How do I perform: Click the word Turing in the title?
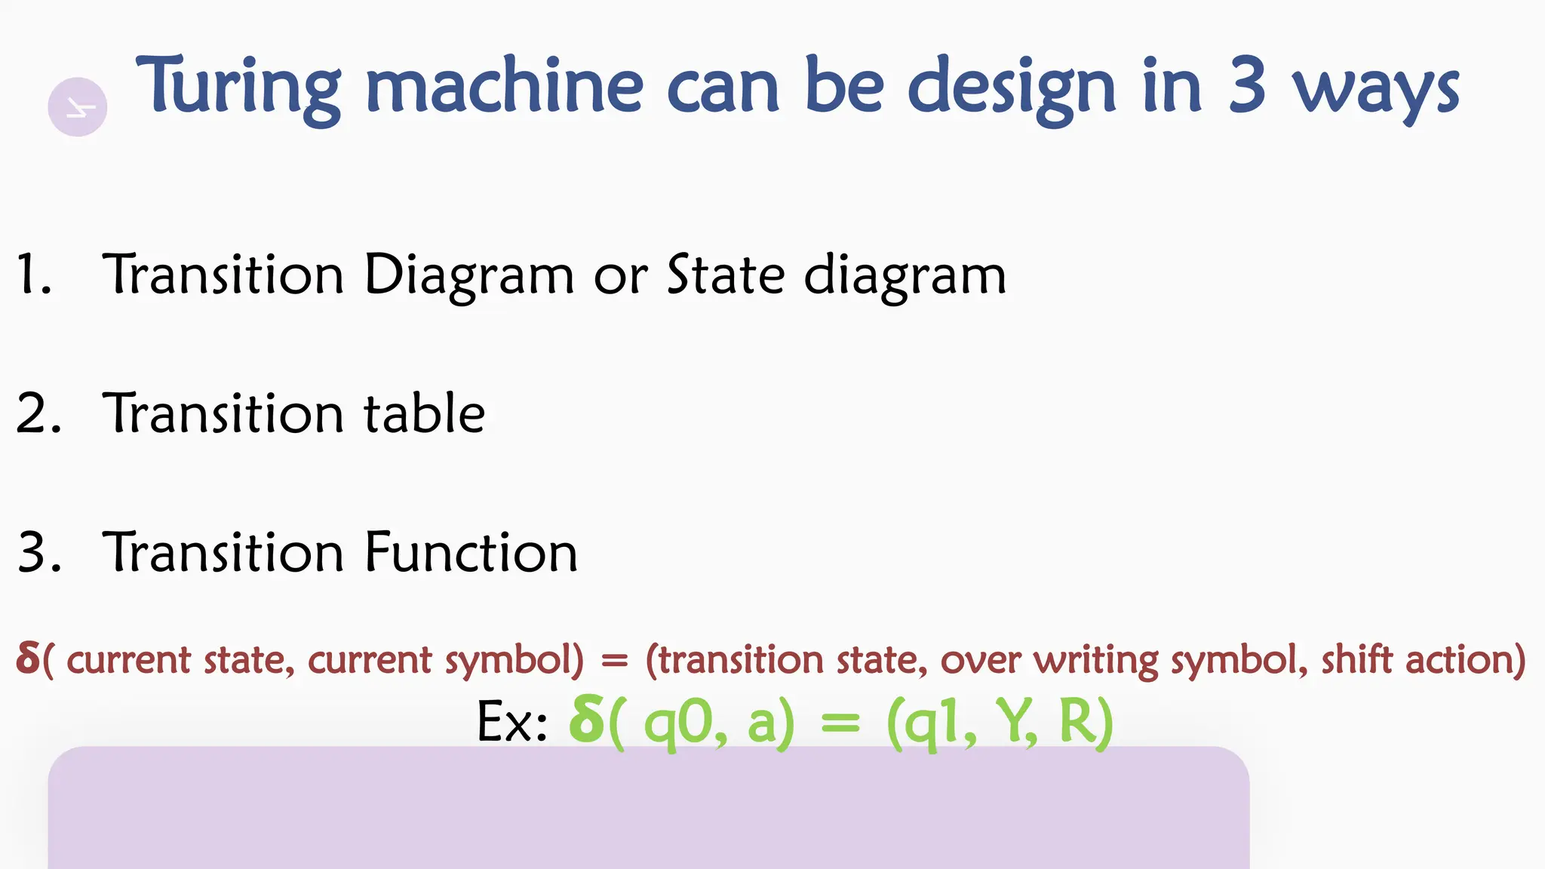pos(238,89)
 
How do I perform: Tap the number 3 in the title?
pos(1246,86)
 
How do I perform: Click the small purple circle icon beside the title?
pos(78,107)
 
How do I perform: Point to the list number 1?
pos(33,275)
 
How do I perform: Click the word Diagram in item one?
pos(468,276)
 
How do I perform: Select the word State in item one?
pos(726,275)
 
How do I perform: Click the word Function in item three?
pos(471,552)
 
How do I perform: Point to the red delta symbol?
pos(27,659)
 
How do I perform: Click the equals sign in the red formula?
pos(614,661)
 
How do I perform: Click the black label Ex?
pos(511,723)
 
